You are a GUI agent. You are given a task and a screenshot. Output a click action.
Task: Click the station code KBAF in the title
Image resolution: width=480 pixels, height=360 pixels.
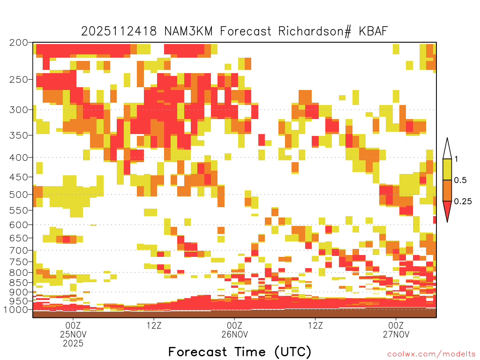click(x=373, y=31)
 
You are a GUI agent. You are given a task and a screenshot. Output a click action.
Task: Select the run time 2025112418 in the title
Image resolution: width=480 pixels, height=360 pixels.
click(x=119, y=31)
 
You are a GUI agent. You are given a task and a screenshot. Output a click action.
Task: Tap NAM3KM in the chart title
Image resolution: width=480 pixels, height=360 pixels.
click(x=188, y=31)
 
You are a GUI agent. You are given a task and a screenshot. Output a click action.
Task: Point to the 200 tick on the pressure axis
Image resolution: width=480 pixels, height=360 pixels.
click(x=19, y=43)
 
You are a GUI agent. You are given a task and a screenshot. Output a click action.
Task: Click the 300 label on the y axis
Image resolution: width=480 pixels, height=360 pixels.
click(x=19, y=110)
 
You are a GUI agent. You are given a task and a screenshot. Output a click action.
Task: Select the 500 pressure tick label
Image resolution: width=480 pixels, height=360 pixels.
click(x=19, y=195)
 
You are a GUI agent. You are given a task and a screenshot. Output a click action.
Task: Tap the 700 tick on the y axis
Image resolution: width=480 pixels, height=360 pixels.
click(x=19, y=250)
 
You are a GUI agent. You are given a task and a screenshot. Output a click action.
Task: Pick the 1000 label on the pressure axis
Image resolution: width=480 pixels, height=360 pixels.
click(x=16, y=309)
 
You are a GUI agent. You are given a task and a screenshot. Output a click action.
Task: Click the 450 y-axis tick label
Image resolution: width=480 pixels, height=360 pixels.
click(x=19, y=177)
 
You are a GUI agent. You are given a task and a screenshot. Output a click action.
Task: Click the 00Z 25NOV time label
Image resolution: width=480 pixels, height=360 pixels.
click(x=73, y=330)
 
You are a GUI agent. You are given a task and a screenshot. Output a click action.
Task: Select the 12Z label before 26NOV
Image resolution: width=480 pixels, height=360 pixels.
click(x=154, y=325)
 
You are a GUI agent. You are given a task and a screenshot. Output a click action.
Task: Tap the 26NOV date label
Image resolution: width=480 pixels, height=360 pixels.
click(x=234, y=334)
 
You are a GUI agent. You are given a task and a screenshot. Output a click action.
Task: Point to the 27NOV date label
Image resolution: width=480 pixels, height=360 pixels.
click(x=396, y=334)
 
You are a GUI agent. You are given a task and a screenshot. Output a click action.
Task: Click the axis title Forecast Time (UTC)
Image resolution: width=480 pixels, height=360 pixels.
click(x=240, y=352)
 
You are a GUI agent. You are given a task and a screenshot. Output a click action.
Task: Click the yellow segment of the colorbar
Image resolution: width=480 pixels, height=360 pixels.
click(x=447, y=169)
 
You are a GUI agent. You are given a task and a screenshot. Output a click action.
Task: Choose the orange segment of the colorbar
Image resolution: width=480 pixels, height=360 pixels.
click(x=447, y=190)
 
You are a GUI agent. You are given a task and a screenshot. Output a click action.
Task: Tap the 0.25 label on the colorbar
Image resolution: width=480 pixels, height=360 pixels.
click(x=463, y=202)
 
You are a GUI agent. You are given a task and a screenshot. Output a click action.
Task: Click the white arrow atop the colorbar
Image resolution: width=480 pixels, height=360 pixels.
click(x=447, y=149)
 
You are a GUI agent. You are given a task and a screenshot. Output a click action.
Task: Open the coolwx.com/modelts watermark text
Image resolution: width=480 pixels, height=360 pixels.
click(x=429, y=354)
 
